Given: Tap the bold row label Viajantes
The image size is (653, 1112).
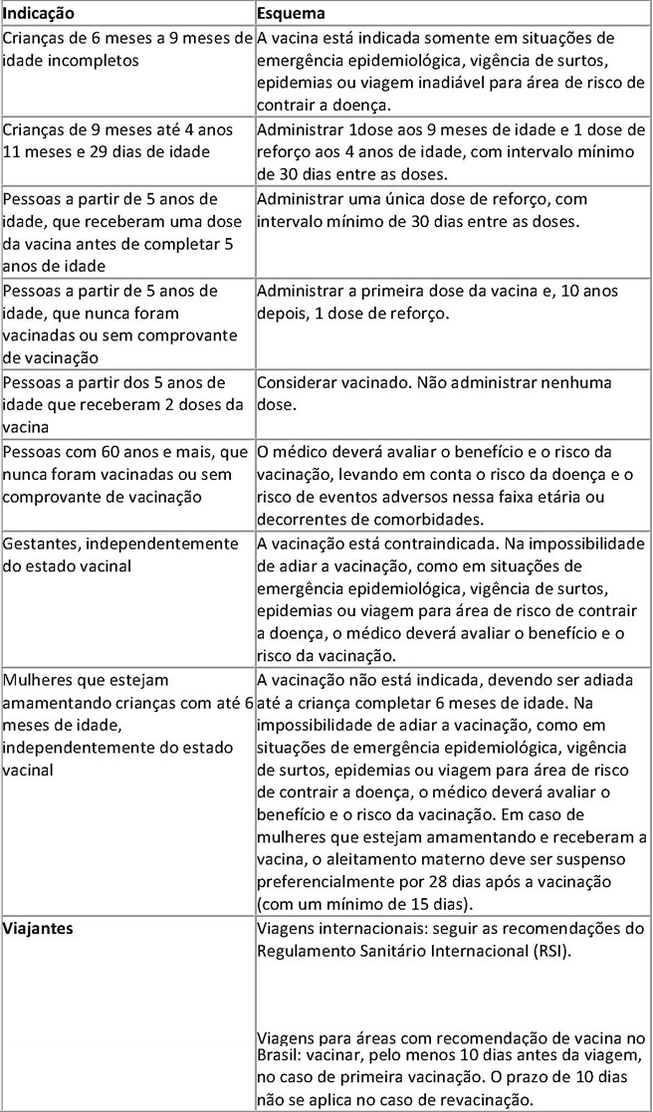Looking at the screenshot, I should pyautogui.click(x=39, y=929).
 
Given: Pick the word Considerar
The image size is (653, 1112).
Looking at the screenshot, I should pyautogui.click(x=299, y=382).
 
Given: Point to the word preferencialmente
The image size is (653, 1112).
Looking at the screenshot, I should pyautogui.click(x=325, y=882).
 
